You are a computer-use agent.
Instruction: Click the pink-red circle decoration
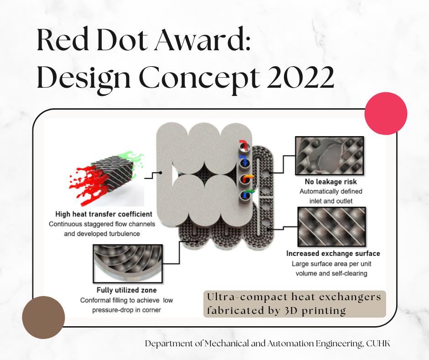coord(386,113)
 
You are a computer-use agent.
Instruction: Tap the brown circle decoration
coord(43,318)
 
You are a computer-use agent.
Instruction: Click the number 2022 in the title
coord(300,77)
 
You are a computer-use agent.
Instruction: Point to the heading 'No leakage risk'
coord(331,182)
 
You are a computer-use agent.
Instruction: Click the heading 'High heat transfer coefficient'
coord(104,214)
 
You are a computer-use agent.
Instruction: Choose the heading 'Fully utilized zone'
coord(127,290)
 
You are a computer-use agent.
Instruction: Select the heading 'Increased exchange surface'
coord(333,254)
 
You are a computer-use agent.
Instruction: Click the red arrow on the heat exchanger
coord(244,144)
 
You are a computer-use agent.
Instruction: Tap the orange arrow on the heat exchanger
coord(248,178)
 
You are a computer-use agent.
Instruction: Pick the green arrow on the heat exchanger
coord(248,193)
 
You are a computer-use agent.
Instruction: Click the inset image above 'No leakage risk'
coord(330,156)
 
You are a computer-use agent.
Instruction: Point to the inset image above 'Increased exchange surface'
coord(332,227)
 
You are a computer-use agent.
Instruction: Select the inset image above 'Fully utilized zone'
coord(128,264)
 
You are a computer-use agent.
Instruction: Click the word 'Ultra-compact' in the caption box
coord(247,297)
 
